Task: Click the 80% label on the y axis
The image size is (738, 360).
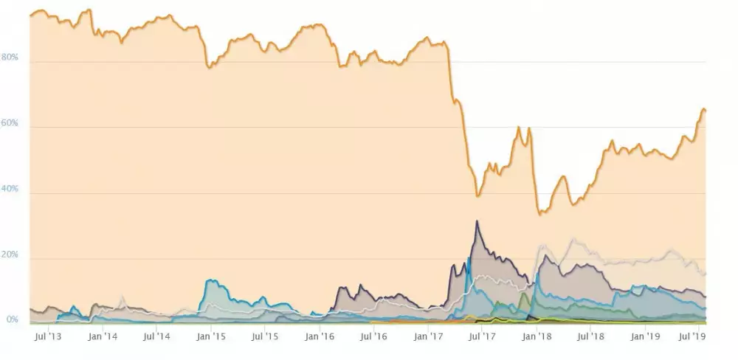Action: tap(10, 58)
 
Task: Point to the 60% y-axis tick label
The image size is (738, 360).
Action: tap(10, 124)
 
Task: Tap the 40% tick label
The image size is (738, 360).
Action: tap(10, 190)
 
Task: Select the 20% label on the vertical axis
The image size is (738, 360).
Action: tap(10, 255)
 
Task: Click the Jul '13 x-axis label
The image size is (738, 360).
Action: tap(49, 336)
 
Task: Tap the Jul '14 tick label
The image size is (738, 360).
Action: tap(156, 336)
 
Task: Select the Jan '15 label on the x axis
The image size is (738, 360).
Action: tap(211, 336)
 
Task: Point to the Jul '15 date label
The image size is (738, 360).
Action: tap(265, 336)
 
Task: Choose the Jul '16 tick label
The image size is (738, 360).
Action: tap(373, 336)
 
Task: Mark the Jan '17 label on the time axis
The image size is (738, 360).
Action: tap(428, 336)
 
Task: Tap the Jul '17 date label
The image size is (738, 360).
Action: tap(482, 336)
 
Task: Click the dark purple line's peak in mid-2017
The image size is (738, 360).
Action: tap(477, 221)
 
